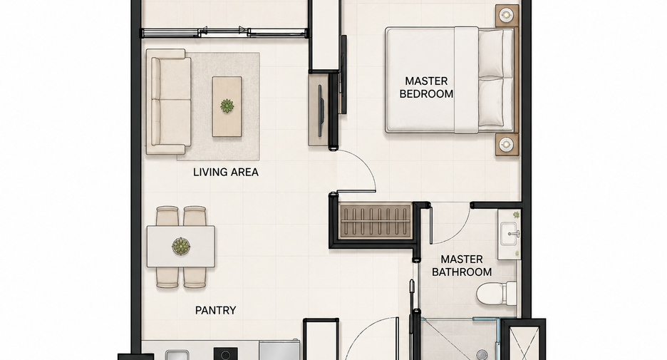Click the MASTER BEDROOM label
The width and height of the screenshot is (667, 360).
[426, 87]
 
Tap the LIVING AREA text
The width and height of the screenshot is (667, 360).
[226, 172]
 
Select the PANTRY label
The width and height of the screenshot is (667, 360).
[216, 310]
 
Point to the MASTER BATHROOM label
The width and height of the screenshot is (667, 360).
[462, 265]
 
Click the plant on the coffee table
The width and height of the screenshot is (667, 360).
[227, 106]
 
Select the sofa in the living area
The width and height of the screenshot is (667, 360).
[169, 102]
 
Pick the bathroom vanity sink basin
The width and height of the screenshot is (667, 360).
[509, 234]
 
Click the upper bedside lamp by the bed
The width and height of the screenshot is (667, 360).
[506, 15]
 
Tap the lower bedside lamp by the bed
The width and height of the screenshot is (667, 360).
[506, 145]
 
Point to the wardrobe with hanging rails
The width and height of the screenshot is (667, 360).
[376, 221]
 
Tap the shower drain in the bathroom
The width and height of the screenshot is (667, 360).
[482, 354]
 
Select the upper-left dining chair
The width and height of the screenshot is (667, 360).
[167, 216]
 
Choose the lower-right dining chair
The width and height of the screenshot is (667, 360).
[195, 277]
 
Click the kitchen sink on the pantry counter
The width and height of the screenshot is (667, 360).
[177, 355]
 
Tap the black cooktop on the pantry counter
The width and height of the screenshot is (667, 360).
[225, 354]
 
